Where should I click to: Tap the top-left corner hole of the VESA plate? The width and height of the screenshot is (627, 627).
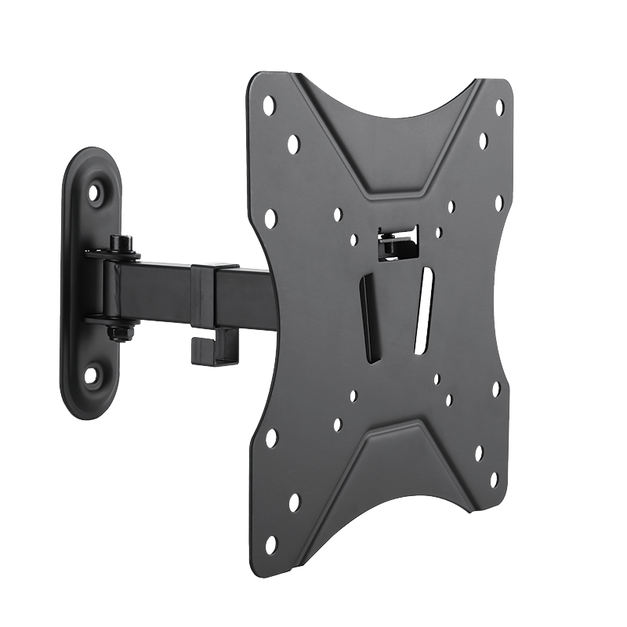[270, 102]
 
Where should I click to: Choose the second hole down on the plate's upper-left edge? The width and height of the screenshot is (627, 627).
[294, 143]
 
